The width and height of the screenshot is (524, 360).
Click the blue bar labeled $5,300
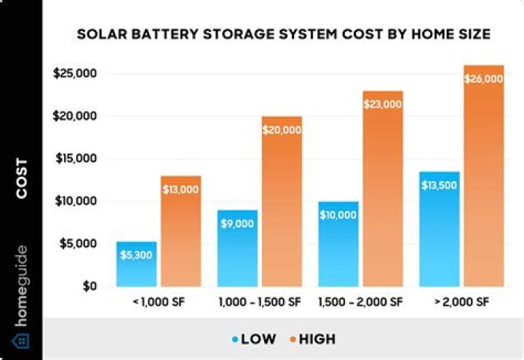click(x=136, y=263)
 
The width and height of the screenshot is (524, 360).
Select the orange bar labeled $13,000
click(x=180, y=231)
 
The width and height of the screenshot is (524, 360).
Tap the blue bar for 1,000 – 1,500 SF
click(x=237, y=248)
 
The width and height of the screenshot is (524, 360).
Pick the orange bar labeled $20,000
click(x=282, y=201)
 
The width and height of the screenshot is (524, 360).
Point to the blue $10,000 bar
click(x=338, y=244)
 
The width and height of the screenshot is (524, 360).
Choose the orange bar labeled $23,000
click(x=383, y=188)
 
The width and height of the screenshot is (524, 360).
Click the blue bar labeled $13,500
click(x=440, y=229)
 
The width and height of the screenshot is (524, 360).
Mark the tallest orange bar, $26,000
click(x=484, y=175)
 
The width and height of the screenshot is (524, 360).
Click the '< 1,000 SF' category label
click(x=158, y=301)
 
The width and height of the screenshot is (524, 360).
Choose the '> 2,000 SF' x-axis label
click(x=461, y=301)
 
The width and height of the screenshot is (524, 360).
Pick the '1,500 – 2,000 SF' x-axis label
click(x=361, y=301)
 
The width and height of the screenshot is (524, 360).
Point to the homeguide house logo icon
click(x=21, y=340)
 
